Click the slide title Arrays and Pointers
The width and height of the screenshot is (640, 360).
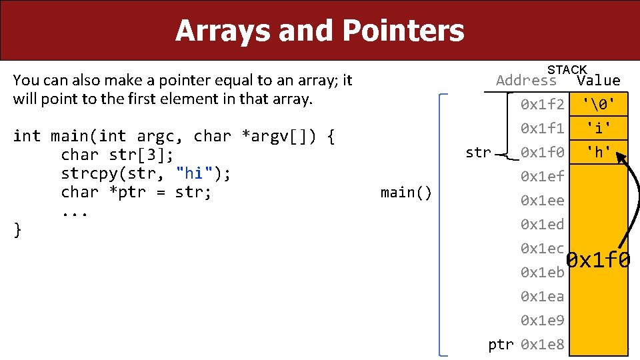(x=319, y=31)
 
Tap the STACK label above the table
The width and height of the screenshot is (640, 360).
(x=567, y=70)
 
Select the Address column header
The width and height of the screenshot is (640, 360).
(x=526, y=81)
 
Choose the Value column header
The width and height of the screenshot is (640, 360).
(x=598, y=81)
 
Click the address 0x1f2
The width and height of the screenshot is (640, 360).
(x=543, y=104)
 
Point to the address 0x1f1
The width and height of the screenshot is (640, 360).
(x=543, y=128)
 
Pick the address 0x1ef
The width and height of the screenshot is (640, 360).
(x=543, y=177)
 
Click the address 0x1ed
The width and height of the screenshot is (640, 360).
(x=543, y=225)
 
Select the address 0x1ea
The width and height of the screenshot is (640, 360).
(x=543, y=297)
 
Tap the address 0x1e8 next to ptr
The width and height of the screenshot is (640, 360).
(x=543, y=345)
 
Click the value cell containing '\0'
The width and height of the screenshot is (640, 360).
(x=598, y=104)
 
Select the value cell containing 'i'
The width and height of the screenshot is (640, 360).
(x=598, y=128)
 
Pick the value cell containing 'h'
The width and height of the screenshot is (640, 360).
(x=598, y=153)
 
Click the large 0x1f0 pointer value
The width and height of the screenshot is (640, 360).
(x=598, y=261)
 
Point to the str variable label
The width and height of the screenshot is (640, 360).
(x=478, y=153)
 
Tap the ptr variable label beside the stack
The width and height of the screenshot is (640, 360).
(x=501, y=345)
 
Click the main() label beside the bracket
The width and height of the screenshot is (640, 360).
(x=406, y=193)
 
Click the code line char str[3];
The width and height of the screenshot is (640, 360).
(x=117, y=155)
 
